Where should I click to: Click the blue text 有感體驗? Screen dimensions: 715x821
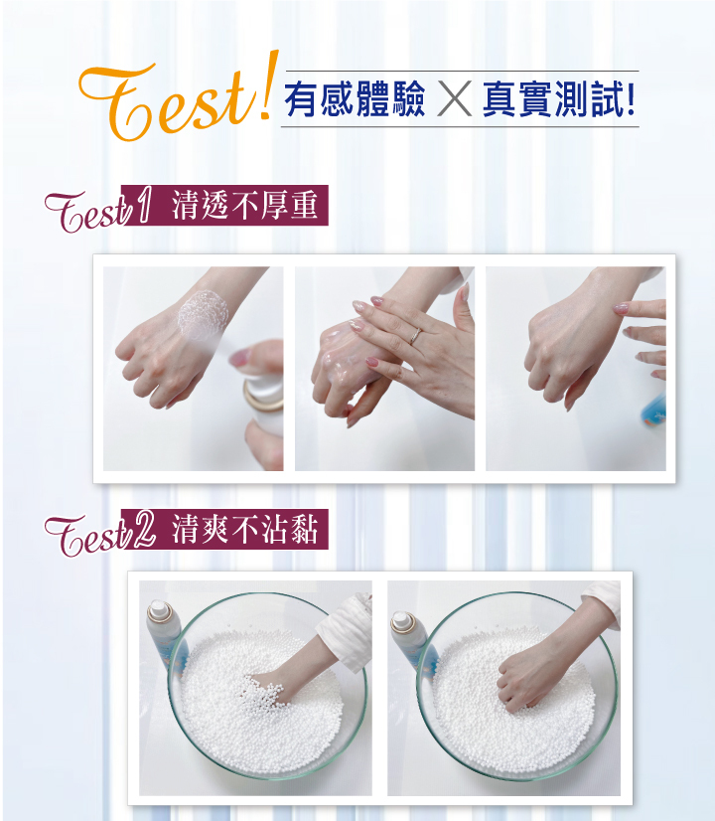click(356, 99)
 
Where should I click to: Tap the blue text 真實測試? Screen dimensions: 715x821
click(559, 99)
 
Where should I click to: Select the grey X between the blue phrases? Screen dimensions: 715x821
click(454, 98)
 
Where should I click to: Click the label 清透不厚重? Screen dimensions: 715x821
click(244, 205)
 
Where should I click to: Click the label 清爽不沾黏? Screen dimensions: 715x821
click(244, 529)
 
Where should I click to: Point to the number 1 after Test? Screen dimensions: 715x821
click(142, 205)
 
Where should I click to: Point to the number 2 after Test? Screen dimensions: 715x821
click(143, 530)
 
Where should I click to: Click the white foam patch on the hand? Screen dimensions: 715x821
click(203, 314)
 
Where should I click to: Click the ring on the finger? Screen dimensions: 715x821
click(415, 336)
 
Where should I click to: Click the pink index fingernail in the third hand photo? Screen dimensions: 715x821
click(621, 308)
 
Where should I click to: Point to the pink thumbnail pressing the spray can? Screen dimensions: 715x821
click(240, 357)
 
